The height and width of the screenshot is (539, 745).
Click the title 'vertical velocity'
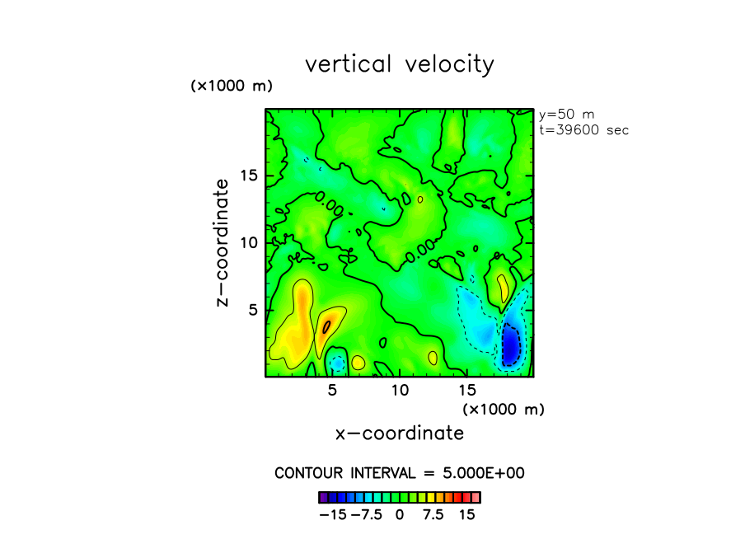[x=400, y=64]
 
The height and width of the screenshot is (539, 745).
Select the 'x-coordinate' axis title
[x=400, y=433]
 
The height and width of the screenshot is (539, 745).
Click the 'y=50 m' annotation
[x=562, y=115]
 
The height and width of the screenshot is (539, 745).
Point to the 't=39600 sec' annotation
[x=583, y=129]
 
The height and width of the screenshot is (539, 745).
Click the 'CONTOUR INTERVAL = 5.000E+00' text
[x=400, y=473]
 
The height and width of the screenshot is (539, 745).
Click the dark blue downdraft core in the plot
[x=512, y=344]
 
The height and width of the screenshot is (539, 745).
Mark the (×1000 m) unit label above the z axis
[x=232, y=86]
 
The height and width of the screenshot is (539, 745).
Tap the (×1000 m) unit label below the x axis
[x=503, y=409]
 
